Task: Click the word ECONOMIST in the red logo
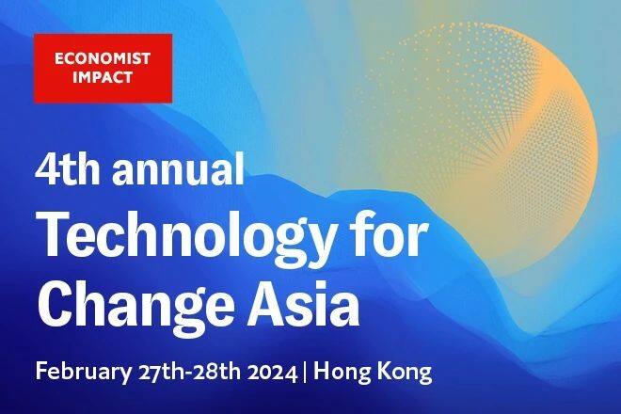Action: coord(103,58)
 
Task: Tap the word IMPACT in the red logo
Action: coord(103,77)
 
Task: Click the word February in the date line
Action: coord(84,373)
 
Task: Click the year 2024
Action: coord(272,373)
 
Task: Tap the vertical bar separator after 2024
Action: coord(305,373)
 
